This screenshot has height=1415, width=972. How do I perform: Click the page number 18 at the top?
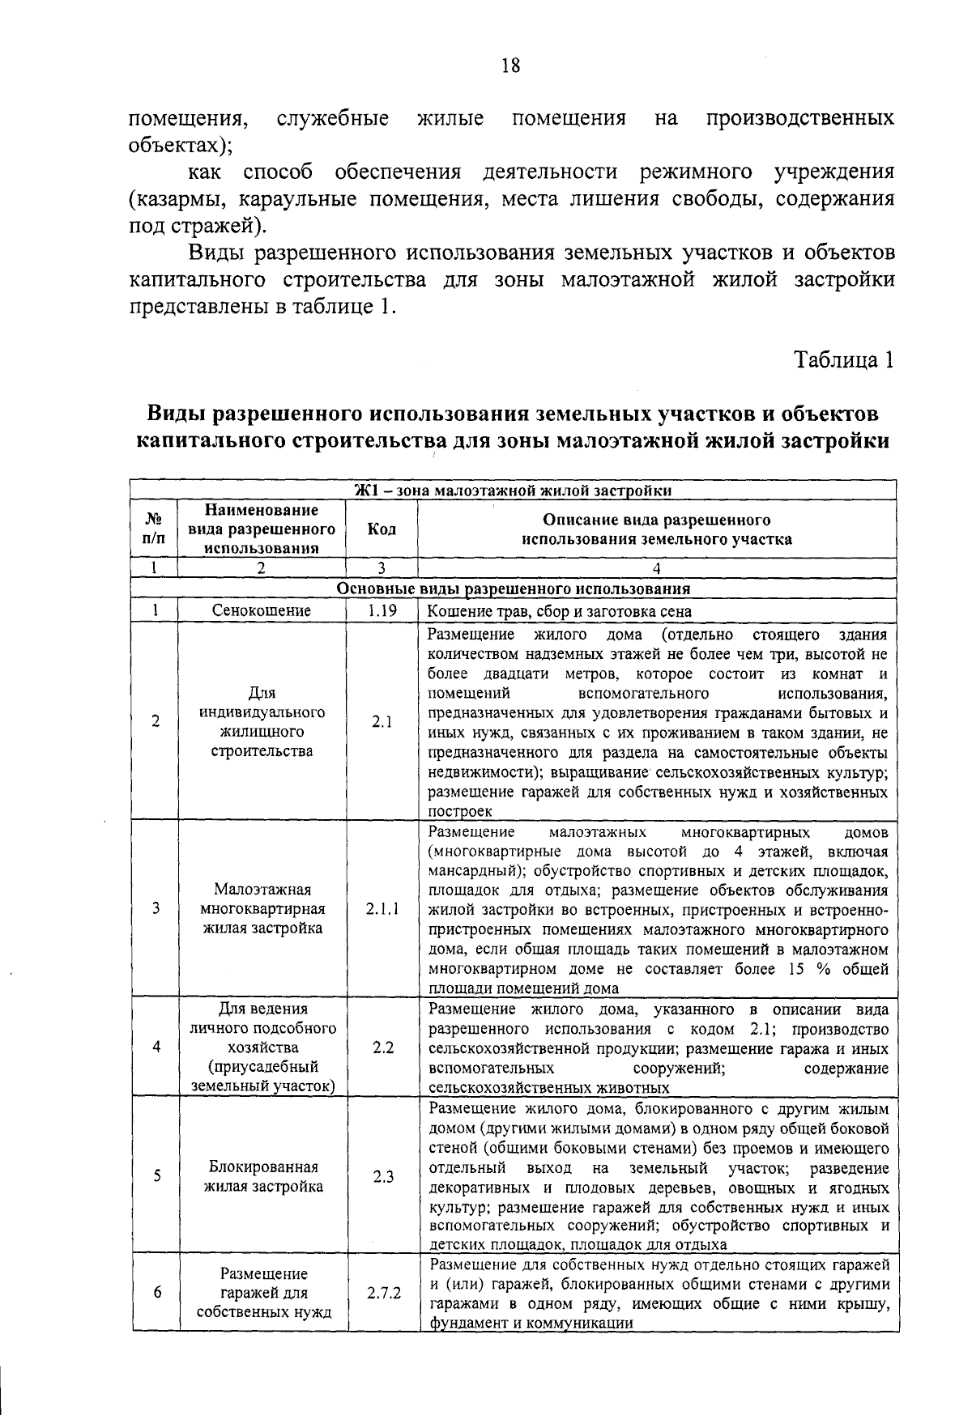509,66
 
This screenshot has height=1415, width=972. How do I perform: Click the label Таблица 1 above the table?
842,360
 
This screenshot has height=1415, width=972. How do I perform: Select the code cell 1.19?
381,611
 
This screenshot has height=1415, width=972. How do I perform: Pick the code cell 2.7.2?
383,1294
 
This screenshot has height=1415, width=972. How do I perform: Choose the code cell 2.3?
383,1177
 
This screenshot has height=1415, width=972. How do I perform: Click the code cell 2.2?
383,1047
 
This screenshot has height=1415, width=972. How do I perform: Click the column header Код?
382,529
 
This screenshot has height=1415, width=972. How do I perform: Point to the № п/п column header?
154,529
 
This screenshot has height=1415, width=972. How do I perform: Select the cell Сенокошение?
261,611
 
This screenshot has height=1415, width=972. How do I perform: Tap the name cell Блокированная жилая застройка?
263,1177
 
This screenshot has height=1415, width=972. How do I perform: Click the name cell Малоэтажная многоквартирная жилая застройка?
262,909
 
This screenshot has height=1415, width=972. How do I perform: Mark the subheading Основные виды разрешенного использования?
513,589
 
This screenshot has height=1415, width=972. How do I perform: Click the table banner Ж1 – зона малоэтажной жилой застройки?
513,491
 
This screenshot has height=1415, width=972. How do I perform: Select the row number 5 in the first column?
155,1177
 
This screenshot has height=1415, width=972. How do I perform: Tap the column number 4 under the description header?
656,568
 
